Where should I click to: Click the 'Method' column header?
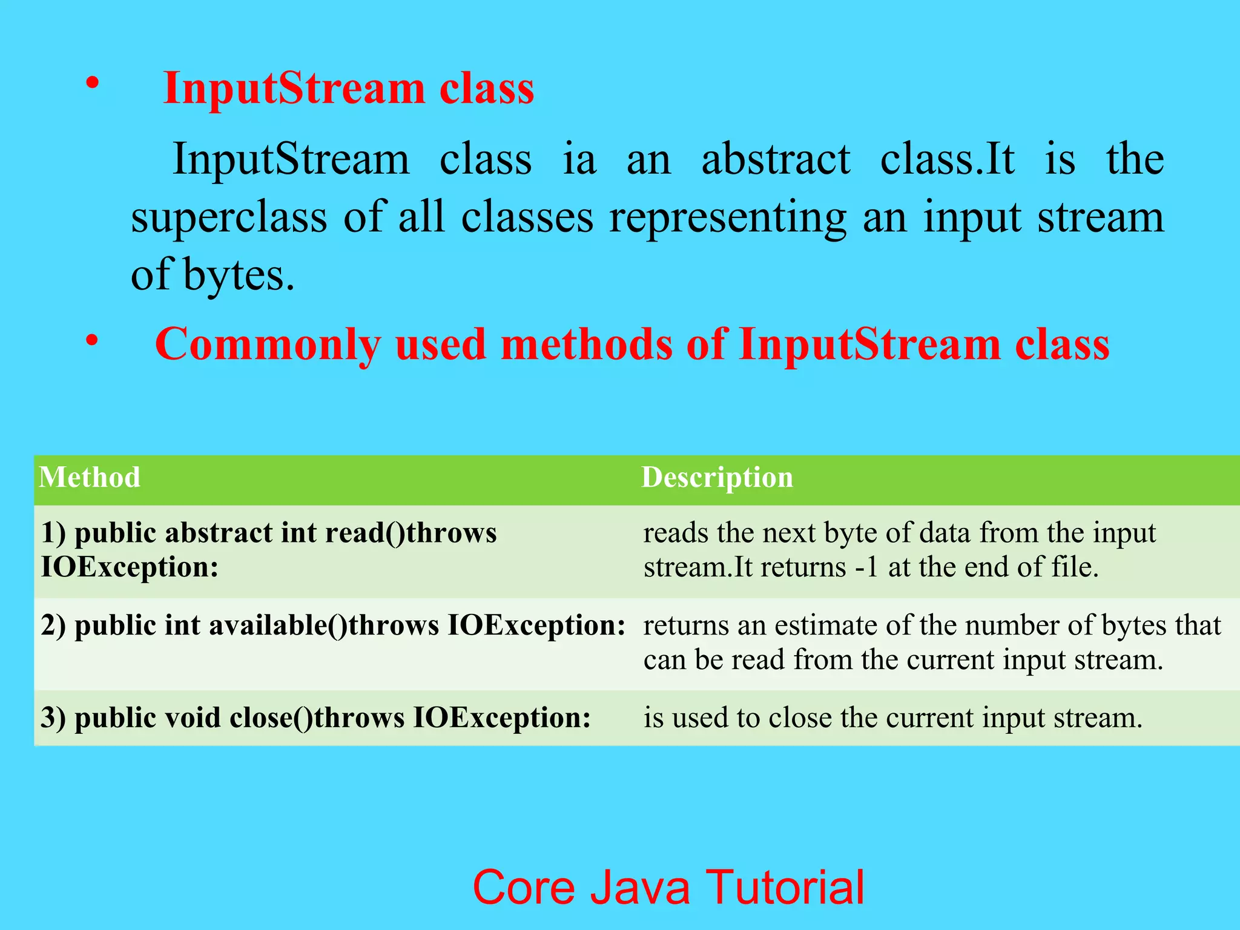90,477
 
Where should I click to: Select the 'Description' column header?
717,477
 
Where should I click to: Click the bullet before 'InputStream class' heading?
91,84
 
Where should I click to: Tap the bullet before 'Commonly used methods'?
91,340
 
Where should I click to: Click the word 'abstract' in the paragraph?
776,159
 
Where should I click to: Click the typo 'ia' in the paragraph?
579,159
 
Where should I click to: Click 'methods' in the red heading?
586,344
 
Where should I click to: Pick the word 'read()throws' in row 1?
411,533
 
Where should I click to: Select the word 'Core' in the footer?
524,888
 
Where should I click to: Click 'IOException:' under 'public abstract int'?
130,567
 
